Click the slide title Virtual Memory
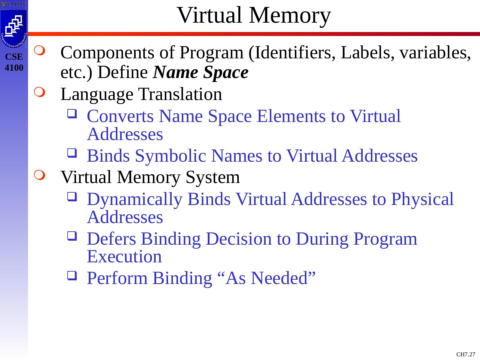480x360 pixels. coord(254,15)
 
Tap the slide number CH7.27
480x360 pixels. coord(465,354)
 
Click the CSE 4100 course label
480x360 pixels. coord(14,62)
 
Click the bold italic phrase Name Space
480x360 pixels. coord(201,72)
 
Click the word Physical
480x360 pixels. coord(422,199)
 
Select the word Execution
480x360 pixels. coord(124,257)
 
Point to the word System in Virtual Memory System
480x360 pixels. coord(213,177)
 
